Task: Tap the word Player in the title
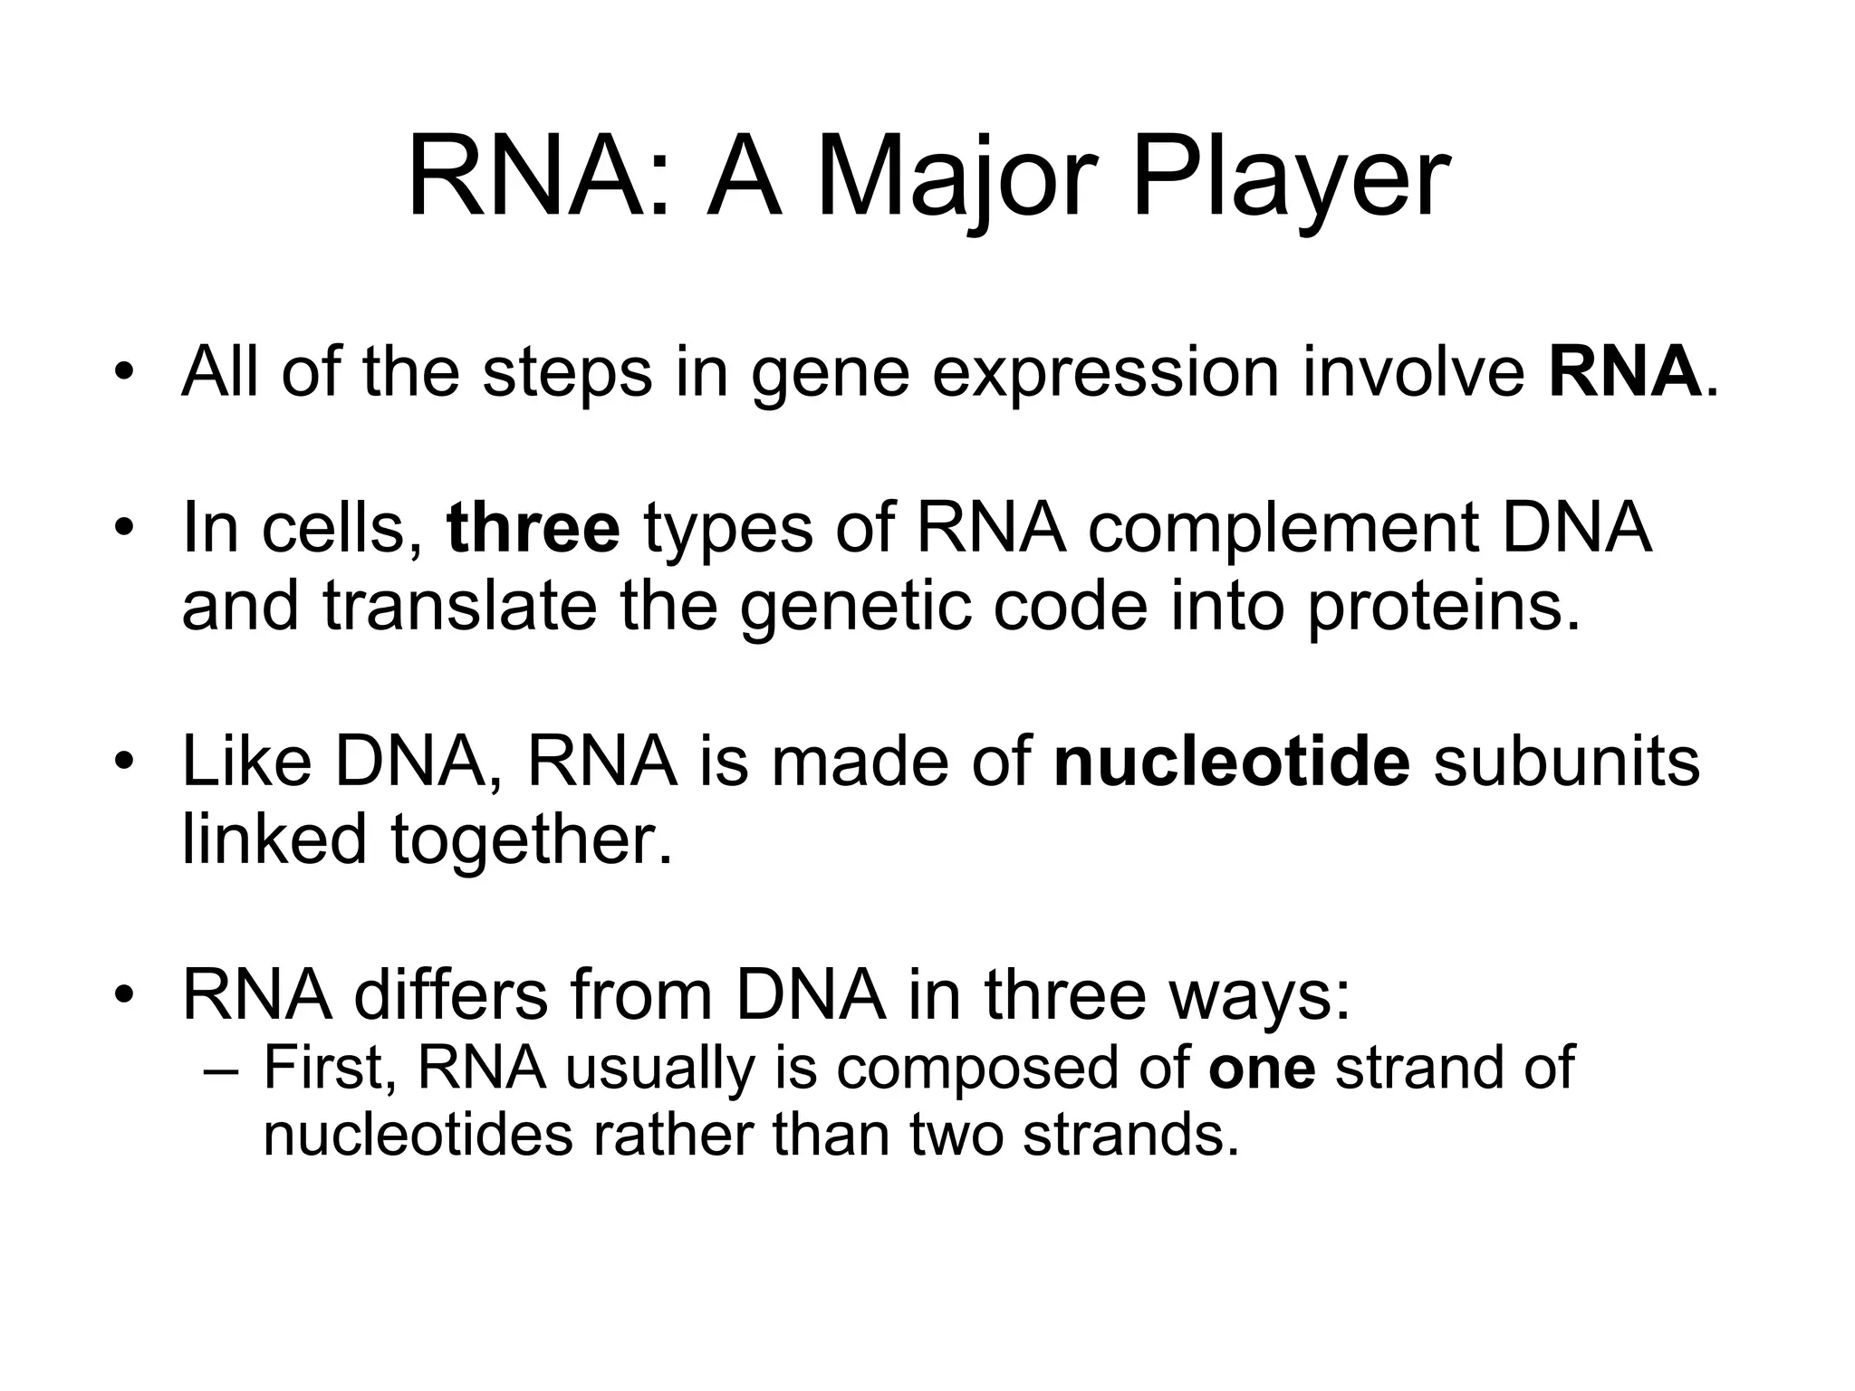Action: pyautogui.click(x=1290, y=181)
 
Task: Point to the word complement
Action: pyautogui.click(x=1283, y=532)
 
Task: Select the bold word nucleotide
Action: pyautogui.click(x=1232, y=762)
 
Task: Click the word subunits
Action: pyautogui.click(x=1566, y=762)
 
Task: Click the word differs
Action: pyautogui.click(x=451, y=995)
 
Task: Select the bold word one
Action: pyautogui.click(x=1262, y=1069)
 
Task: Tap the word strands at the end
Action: pyautogui.click(x=1130, y=1136)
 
